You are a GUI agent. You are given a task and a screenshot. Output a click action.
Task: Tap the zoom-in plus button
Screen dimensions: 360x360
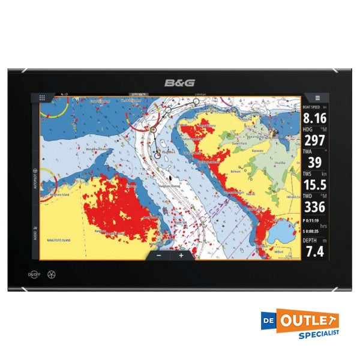tap(181, 254)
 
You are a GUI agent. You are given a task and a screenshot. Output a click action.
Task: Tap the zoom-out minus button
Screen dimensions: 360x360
tap(159, 254)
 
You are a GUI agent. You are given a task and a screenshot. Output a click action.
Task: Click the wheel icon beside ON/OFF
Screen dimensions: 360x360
tap(52, 275)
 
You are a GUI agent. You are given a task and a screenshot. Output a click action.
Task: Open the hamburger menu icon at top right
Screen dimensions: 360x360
tap(317, 97)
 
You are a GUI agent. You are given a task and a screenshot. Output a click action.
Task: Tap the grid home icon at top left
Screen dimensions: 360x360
tap(43, 97)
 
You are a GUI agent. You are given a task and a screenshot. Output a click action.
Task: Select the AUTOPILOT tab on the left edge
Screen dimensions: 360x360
tap(35, 178)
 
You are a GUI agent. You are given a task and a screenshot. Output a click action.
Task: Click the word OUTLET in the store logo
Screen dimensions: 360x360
tap(308, 319)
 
